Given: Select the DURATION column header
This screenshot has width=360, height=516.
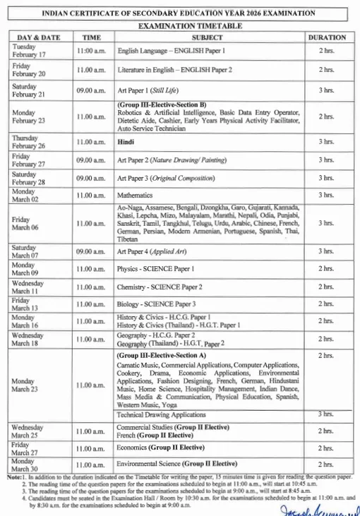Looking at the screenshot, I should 326,37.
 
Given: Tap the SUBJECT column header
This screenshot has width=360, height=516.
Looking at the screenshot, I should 208,37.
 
